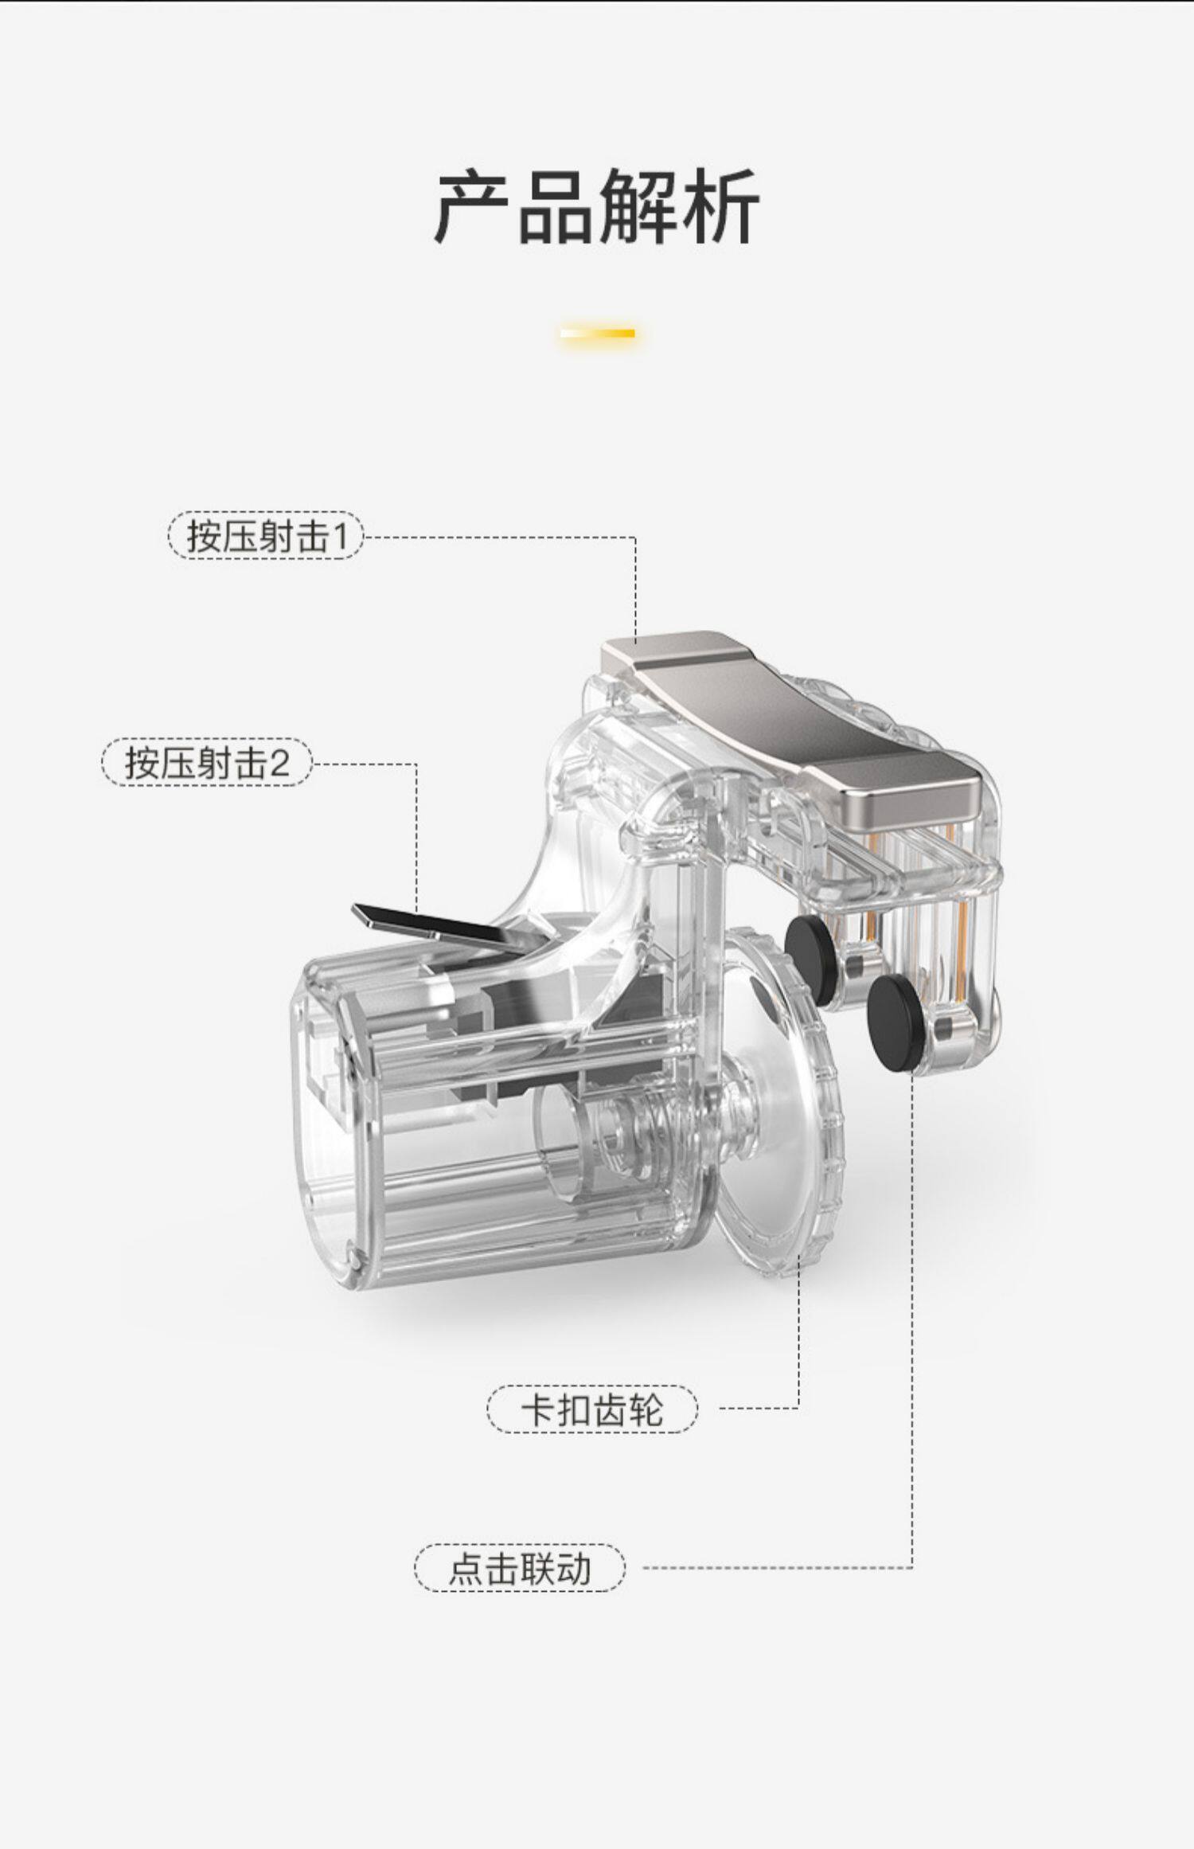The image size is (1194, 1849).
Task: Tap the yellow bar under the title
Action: (x=597, y=333)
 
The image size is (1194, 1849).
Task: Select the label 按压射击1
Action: (x=266, y=536)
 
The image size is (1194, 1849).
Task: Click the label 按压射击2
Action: (x=207, y=762)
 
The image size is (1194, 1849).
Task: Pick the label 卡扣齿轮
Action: (x=591, y=1409)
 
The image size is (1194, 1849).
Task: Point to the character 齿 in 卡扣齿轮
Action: (x=610, y=1409)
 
